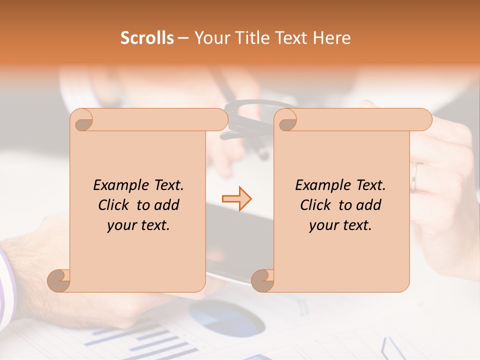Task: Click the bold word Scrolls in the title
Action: (147, 38)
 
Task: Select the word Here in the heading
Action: (331, 38)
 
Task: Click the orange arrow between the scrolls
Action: (236, 199)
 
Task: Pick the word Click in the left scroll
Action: (114, 205)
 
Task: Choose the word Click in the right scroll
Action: (316, 205)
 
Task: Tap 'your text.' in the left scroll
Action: (138, 225)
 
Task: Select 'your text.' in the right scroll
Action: (340, 225)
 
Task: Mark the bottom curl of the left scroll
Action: (58, 280)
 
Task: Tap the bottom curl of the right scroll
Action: (262, 280)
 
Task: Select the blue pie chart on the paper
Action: (225, 317)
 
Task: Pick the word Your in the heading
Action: (211, 38)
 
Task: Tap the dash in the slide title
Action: (183, 38)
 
